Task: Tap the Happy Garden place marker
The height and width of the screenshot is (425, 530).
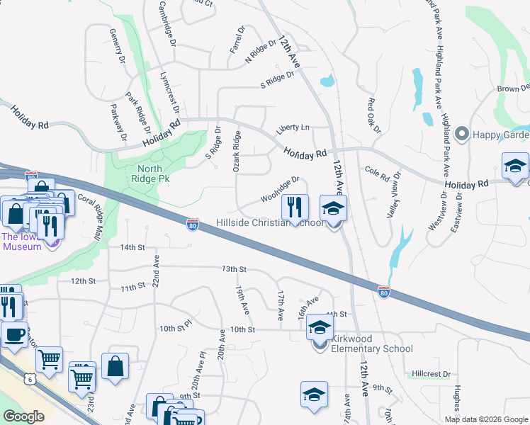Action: tap(463, 133)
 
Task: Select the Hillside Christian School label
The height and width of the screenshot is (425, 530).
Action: tap(270, 223)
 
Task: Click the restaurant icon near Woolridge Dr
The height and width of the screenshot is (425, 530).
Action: tap(295, 208)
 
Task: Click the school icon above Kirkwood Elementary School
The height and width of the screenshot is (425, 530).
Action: tap(320, 328)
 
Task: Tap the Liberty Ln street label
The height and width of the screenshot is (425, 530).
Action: tap(293, 127)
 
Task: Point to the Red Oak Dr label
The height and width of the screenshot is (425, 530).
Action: tap(373, 115)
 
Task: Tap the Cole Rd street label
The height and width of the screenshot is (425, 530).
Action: tap(376, 171)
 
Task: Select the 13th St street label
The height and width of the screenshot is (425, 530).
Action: tap(233, 269)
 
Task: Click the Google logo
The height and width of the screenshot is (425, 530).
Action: tap(23, 416)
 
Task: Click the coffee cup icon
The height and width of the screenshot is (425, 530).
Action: tap(13, 334)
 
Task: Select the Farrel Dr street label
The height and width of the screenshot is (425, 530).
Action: tap(237, 42)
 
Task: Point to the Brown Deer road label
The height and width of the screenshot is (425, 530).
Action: tap(513, 89)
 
